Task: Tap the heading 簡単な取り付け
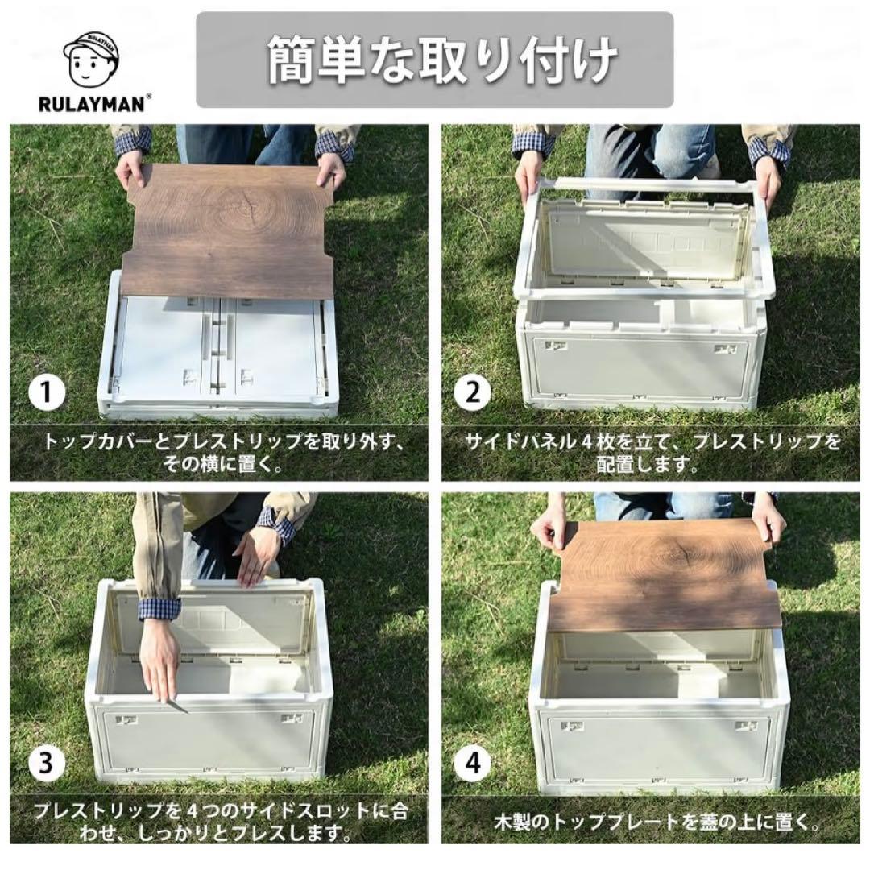[435, 60]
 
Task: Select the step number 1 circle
[47, 394]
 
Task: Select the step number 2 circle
[472, 394]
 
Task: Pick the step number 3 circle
[47, 762]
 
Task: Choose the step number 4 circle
[472, 762]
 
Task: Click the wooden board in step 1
[230, 230]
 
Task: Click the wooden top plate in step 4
[665, 576]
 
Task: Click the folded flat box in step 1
[217, 354]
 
